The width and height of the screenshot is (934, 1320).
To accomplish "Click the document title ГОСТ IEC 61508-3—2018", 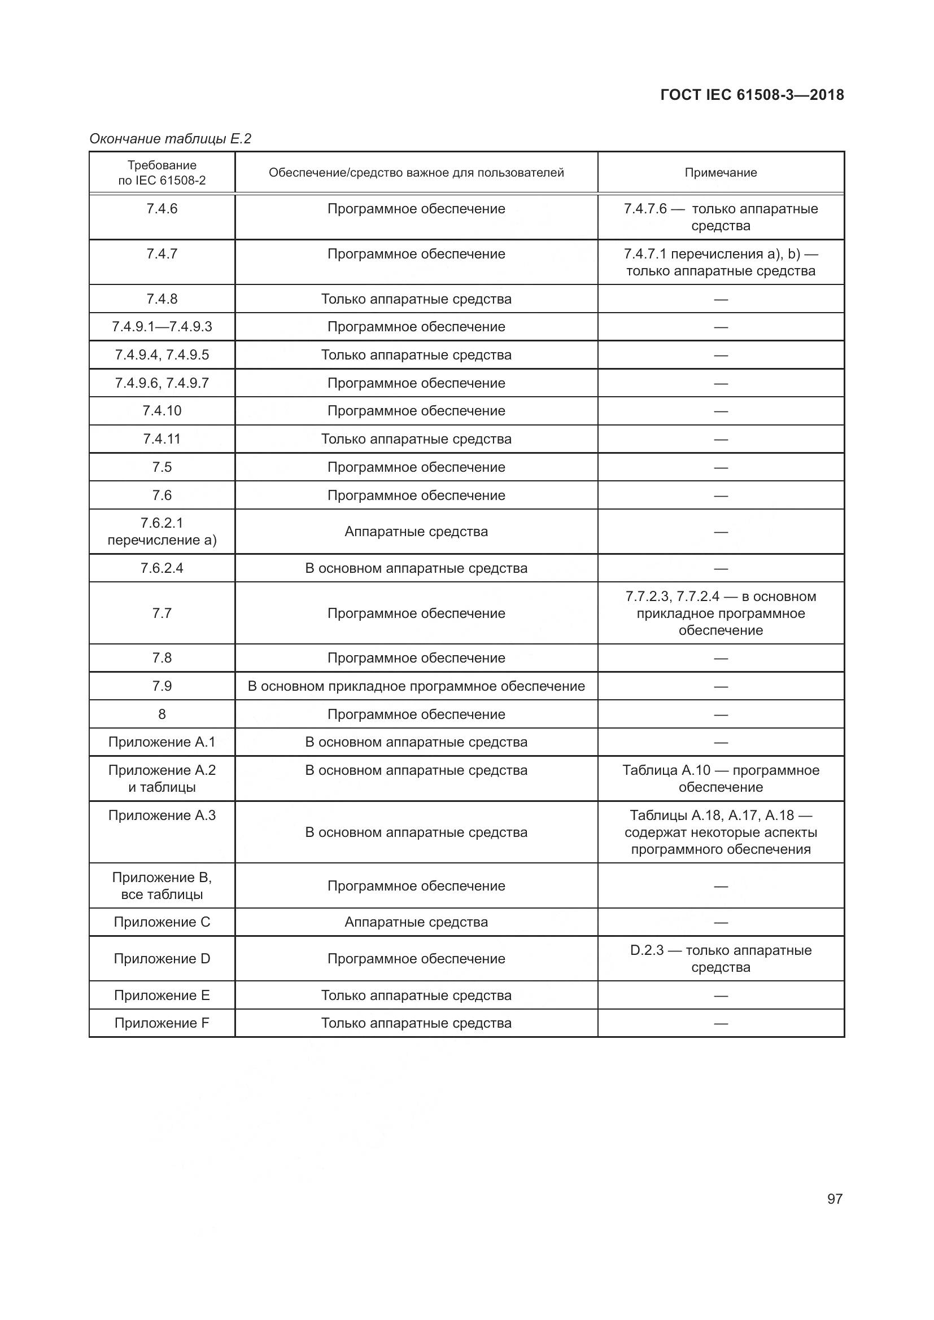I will click(x=752, y=95).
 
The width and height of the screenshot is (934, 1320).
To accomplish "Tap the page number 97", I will click(x=835, y=1199).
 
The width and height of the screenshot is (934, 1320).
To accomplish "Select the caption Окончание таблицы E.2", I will click(x=170, y=139).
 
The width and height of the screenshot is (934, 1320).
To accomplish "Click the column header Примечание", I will click(x=720, y=173).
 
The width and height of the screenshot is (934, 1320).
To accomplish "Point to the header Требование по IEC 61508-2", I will click(x=162, y=173).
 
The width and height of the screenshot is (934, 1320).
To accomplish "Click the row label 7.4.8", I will click(x=162, y=299).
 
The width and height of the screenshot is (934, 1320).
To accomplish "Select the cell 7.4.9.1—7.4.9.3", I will click(x=162, y=327).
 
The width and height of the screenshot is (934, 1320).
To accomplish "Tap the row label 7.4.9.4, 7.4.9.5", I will click(x=162, y=355).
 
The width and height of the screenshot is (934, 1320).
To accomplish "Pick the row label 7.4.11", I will click(x=162, y=438).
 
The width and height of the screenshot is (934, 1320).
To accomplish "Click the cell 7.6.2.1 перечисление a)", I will click(x=162, y=531).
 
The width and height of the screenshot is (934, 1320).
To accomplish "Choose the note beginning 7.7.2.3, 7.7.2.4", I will click(x=720, y=613).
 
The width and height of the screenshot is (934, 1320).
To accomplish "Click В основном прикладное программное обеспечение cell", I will click(x=416, y=686).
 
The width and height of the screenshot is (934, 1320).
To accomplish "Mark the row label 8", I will click(x=162, y=714).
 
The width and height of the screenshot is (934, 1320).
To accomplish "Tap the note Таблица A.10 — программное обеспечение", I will click(x=720, y=778).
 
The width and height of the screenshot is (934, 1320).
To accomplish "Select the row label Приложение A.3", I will click(x=162, y=815).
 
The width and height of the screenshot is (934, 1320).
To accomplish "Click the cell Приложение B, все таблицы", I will click(x=162, y=885).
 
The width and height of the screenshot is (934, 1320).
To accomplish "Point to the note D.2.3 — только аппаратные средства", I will click(x=720, y=958).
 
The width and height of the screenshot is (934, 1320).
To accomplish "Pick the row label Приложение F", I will click(x=162, y=1023).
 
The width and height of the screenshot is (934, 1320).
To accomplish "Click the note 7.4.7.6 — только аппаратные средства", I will click(x=720, y=217).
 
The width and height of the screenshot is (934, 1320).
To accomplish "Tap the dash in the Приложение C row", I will click(x=720, y=922).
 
